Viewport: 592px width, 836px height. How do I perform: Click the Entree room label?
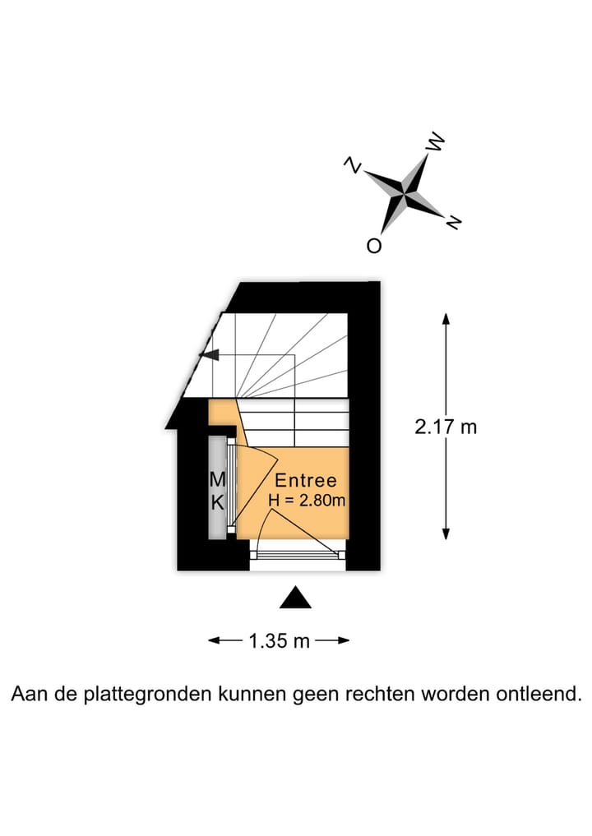306,480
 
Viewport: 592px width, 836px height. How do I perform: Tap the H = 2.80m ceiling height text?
307,501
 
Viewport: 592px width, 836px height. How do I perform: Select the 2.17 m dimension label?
446,427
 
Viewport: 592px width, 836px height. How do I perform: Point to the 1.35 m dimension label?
279,640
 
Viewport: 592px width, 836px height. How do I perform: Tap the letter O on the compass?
374,245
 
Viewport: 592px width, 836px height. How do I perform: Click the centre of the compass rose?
405,194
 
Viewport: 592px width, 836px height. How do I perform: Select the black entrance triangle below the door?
295,598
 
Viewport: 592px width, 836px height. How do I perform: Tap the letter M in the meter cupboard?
218,480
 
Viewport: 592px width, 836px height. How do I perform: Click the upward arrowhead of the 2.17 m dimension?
446,319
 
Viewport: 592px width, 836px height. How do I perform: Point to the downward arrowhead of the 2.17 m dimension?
446,533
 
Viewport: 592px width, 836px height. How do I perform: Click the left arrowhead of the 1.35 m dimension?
215,640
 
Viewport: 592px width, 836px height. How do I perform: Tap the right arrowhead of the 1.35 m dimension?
344,640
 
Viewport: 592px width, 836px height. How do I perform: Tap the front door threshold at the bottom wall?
298,555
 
